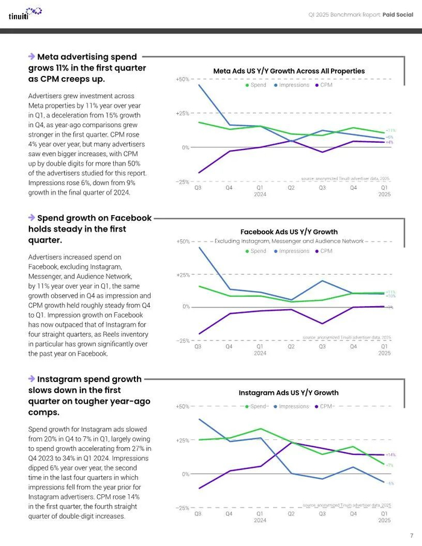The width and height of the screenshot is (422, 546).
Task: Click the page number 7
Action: (411, 535)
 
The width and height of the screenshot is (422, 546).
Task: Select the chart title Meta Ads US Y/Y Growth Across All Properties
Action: (289, 71)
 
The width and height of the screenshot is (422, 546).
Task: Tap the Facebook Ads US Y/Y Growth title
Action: (289, 231)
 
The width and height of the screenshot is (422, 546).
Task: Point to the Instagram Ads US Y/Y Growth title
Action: (289, 393)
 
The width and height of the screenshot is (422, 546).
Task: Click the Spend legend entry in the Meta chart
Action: (256, 85)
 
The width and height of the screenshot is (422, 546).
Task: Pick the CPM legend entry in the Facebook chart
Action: (323, 251)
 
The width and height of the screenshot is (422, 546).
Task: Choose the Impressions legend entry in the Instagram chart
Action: (291, 406)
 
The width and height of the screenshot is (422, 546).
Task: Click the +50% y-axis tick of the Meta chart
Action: (182, 80)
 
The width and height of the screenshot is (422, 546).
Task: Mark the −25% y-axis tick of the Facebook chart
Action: (182, 340)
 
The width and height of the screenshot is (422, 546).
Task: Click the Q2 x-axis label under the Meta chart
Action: (291, 188)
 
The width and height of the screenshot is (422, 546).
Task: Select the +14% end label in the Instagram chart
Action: (390, 455)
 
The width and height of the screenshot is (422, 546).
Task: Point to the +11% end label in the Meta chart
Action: (391, 130)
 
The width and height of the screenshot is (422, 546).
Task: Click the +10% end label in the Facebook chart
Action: (391, 296)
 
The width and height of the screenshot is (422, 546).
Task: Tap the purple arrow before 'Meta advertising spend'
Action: (31, 56)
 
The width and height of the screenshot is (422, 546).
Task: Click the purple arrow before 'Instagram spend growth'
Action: (31, 378)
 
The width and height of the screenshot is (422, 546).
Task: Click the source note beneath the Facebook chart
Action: (347, 337)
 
